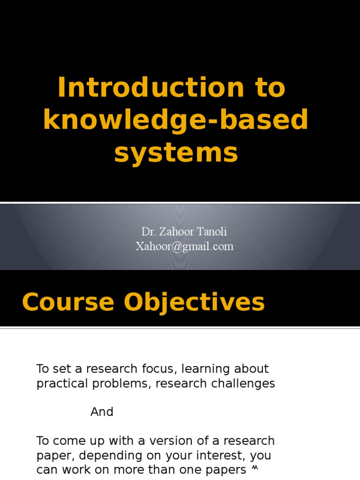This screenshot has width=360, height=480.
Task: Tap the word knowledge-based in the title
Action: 176,120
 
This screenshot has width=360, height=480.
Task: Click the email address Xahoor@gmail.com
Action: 184,247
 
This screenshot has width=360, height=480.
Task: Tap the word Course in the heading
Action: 68,302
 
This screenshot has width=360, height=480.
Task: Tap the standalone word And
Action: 102,412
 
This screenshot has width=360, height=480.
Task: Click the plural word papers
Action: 228,470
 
